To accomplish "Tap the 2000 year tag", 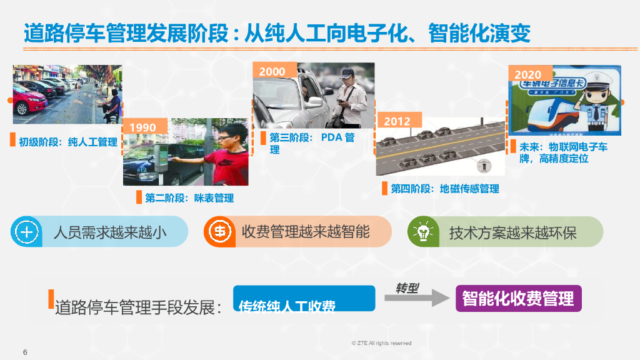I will coord(272,71).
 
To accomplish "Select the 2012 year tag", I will coord(397,121).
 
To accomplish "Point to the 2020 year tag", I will coord(528,74).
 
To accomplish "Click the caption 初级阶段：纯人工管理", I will coord(68,142).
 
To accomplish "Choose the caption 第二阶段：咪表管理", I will coord(189,198).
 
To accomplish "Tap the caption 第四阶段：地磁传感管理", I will coord(445,189).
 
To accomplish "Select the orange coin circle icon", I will coord(219,232).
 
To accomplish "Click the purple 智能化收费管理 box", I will coord(518,299).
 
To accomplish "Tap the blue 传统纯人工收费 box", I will coord(304,299).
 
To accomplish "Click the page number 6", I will coord(25,351).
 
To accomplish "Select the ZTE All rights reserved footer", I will coord(381,343).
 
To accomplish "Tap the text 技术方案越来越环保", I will coord(512,233).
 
